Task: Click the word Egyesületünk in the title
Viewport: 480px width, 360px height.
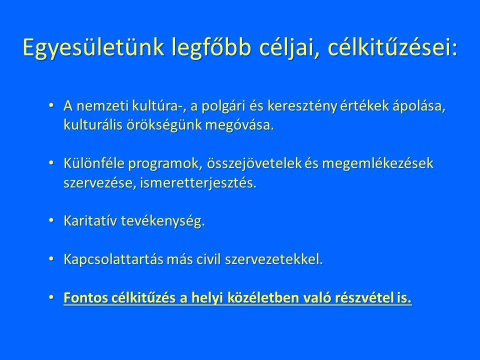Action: (x=93, y=48)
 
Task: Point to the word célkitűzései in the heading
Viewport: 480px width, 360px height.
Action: (x=392, y=47)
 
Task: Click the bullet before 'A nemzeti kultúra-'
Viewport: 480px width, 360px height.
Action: (x=51, y=105)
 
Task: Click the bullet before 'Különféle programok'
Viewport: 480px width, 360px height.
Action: (x=51, y=163)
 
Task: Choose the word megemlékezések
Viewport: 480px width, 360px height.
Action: (x=378, y=163)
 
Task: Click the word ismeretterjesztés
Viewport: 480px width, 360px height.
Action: (x=198, y=183)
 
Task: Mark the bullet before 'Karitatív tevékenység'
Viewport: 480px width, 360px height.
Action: (x=51, y=220)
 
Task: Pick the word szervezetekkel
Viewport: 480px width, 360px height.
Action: (x=274, y=259)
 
